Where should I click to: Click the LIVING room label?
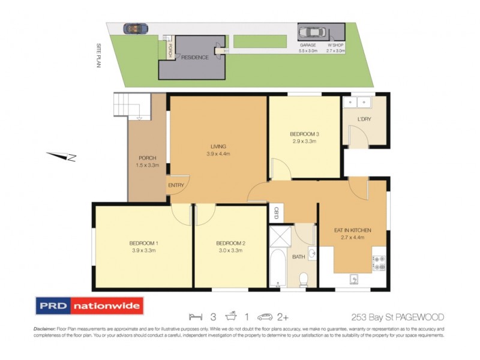pyautogui.click(x=217, y=146)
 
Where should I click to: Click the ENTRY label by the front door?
pyautogui.click(x=176, y=185)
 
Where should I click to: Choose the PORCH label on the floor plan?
pyautogui.click(x=148, y=158)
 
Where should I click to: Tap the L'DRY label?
pyautogui.click(x=364, y=119)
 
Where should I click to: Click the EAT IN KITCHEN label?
pyautogui.click(x=352, y=230)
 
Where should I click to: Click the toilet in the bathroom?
pyautogui.click(x=304, y=278)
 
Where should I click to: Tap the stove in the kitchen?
pyautogui.click(x=379, y=263)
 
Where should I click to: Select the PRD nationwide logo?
pyautogui.click(x=90, y=306)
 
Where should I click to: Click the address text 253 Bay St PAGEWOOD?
pyautogui.click(x=398, y=317)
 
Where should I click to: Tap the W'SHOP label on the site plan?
pyautogui.click(x=335, y=46)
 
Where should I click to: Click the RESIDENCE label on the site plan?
pyautogui.click(x=195, y=58)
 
